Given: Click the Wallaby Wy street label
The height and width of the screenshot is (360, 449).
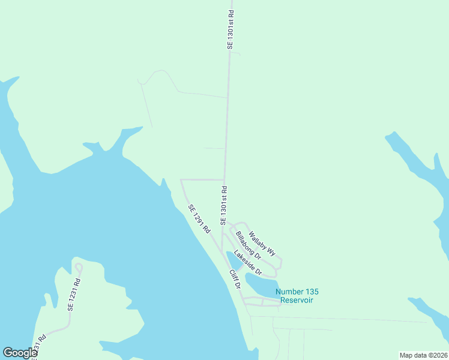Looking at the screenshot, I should (262, 243).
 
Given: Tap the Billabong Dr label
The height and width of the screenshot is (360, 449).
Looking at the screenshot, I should (248, 245).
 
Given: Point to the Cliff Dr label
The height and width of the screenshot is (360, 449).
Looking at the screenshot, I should (234, 279).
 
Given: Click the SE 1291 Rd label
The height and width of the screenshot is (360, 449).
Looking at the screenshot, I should (199, 219).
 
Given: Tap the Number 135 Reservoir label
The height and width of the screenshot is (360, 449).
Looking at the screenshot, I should (294, 296).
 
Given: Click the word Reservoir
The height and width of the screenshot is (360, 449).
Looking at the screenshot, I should (294, 300).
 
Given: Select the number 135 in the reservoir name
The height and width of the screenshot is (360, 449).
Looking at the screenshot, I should (306, 292).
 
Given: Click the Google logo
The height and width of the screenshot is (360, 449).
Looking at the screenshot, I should (20, 353).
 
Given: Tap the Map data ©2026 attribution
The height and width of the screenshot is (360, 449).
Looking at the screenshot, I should (424, 355).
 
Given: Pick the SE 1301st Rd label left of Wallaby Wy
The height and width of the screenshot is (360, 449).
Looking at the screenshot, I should (223, 206).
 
